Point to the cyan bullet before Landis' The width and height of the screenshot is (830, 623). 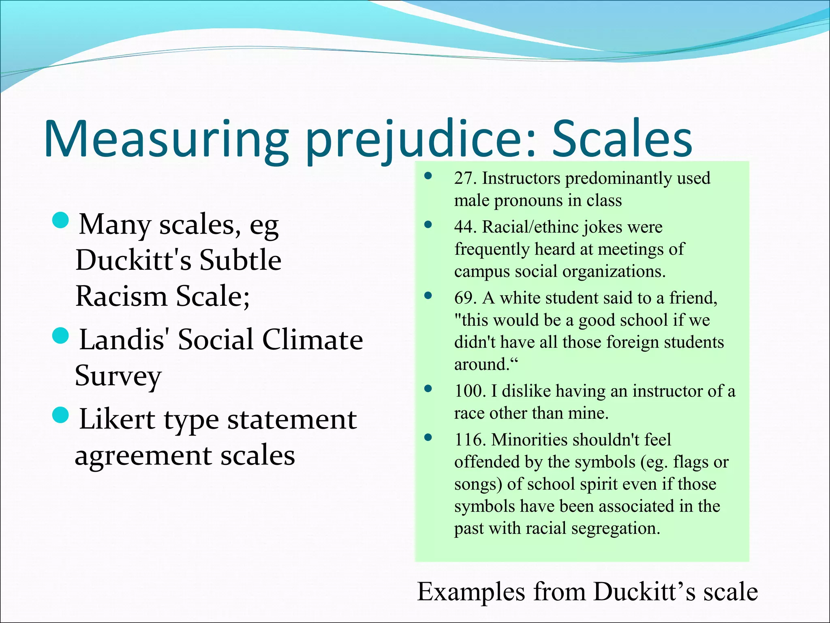click(x=61, y=336)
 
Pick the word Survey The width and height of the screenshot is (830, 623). click(x=118, y=376)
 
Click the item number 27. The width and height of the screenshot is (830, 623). click(x=464, y=178)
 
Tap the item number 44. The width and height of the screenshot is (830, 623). click(x=464, y=227)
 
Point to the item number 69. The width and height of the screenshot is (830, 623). click(x=464, y=298)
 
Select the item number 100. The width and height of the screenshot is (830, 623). click(x=469, y=391)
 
